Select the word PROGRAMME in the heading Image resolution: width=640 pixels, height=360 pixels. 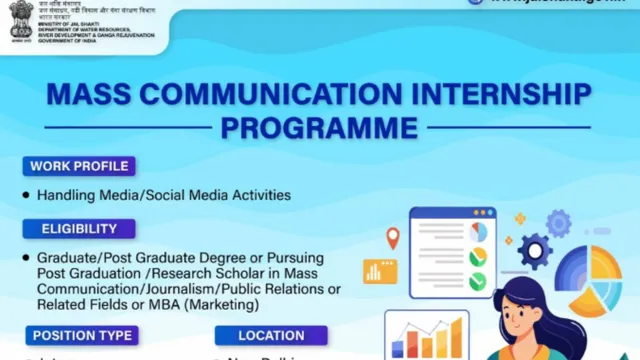point(319,129)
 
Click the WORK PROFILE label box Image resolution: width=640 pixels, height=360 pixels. point(78,166)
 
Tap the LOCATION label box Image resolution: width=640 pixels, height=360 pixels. point(272,336)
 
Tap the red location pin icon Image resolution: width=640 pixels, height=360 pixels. point(393,238)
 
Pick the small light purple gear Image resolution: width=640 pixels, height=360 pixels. point(557,222)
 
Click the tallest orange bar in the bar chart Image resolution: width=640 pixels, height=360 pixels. point(456,337)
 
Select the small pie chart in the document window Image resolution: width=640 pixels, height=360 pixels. point(478,232)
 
